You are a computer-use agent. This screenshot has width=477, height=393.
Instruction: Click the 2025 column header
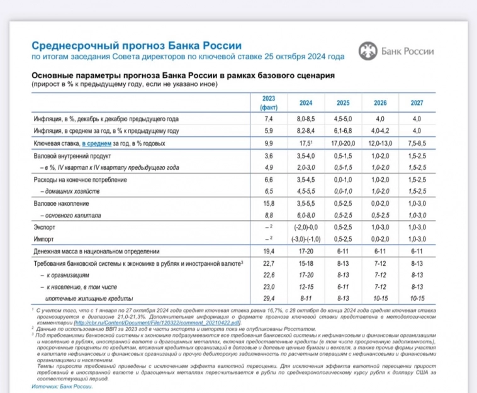[342, 102]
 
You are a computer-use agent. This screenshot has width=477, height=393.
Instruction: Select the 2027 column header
[417, 102]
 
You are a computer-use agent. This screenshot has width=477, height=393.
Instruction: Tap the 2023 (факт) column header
[269, 102]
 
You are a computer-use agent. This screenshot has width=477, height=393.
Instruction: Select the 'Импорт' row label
[43, 238]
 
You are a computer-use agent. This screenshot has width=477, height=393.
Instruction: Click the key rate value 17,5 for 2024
[306, 143]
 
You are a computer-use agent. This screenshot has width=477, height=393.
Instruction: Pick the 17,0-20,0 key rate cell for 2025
[342, 143]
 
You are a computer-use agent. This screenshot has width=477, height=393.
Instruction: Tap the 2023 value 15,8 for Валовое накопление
[269, 203]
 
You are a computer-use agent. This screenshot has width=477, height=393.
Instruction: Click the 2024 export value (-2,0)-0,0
[305, 227]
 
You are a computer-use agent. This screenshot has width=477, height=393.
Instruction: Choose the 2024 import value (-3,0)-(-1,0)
[305, 238]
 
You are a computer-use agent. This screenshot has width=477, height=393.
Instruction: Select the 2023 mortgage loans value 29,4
[269, 298]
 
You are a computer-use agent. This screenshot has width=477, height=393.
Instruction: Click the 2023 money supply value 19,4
[269, 250]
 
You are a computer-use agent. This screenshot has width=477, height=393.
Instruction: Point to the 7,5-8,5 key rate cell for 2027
[417, 143]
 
